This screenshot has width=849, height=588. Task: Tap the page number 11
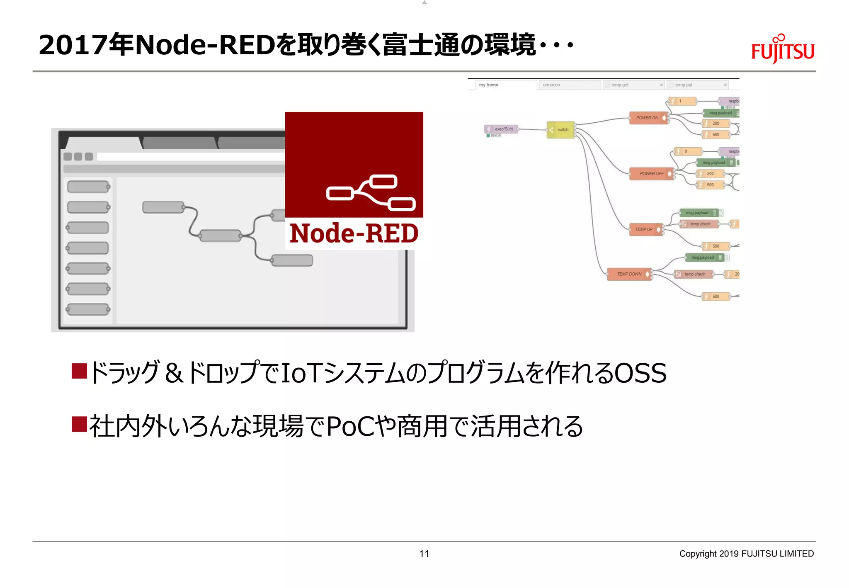tap(424, 554)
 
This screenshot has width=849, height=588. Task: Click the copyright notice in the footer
tap(746, 554)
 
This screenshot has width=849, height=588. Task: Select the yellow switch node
tap(561, 130)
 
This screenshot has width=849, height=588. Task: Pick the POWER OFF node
tap(651, 174)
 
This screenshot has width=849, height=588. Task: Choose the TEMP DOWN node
tap(629, 274)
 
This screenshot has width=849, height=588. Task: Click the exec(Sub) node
tap(502, 129)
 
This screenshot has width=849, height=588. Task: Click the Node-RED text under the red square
tap(354, 233)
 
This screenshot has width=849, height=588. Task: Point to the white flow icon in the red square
tap(370, 193)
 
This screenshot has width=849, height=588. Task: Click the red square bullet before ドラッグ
tap(79, 371)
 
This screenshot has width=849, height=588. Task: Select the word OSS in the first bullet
tap(640, 373)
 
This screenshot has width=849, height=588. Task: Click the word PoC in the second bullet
tap(351, 426)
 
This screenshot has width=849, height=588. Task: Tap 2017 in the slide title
tap(73, 45)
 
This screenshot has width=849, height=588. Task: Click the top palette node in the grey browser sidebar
tap(88, 187)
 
